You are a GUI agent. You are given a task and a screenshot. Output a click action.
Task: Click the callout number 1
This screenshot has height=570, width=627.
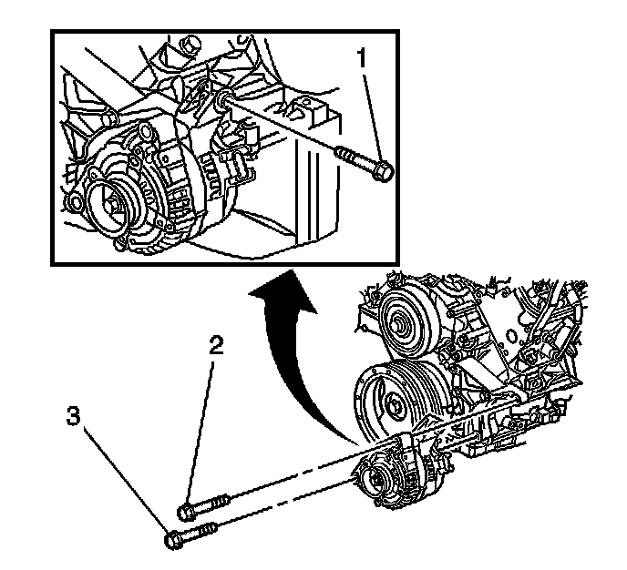(x=364, y=61)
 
